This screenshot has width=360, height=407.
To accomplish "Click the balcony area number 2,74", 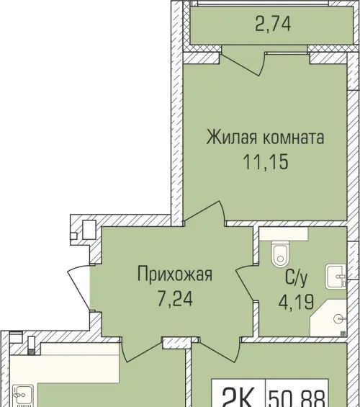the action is coord(273,24).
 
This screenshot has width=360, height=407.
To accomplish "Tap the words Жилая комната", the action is coord(266,137).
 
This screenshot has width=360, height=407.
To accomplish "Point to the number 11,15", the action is coord(266,161).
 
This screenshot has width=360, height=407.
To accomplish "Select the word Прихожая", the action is coord(175,274).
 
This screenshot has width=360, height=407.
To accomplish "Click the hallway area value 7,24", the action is coord(175,298).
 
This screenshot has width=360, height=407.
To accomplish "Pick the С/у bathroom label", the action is coord(296,278).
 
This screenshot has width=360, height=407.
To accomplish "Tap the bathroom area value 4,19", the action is coord(296,301).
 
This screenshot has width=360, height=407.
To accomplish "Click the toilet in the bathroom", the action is coord(280,254).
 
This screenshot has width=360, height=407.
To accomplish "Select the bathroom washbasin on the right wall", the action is coord(336,276).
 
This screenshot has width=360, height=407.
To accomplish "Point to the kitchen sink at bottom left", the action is coord(23,396).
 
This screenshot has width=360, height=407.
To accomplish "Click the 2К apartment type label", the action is coord(238,397).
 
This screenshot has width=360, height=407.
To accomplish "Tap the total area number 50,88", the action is coord(297,397).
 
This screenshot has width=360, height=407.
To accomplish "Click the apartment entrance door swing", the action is coord(78,287).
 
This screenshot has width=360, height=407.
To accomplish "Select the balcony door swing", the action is coord(242,64).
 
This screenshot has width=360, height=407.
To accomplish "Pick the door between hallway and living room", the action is coord(204,211).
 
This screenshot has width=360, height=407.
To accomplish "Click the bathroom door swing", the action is coord(244,283).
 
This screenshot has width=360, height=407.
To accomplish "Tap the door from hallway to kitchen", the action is coord(142,349).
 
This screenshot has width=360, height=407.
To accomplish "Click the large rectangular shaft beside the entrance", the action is coord(89,230).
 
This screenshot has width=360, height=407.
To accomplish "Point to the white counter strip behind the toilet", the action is coord(284,234).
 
